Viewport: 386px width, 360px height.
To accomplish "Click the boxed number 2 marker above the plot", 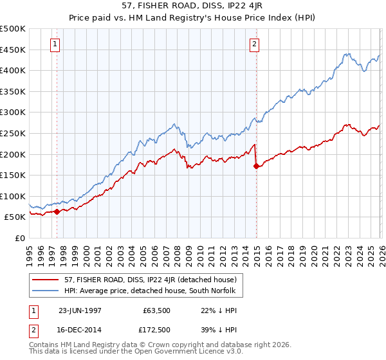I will [x=255, y=44].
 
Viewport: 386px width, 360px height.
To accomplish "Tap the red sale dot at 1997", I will [x=57, y=212].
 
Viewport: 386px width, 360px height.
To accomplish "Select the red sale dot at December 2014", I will [x=257, y=166].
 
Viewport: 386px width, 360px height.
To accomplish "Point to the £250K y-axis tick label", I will [x=13, y=133].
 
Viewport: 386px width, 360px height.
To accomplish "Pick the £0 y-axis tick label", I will [x=19, y=239].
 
